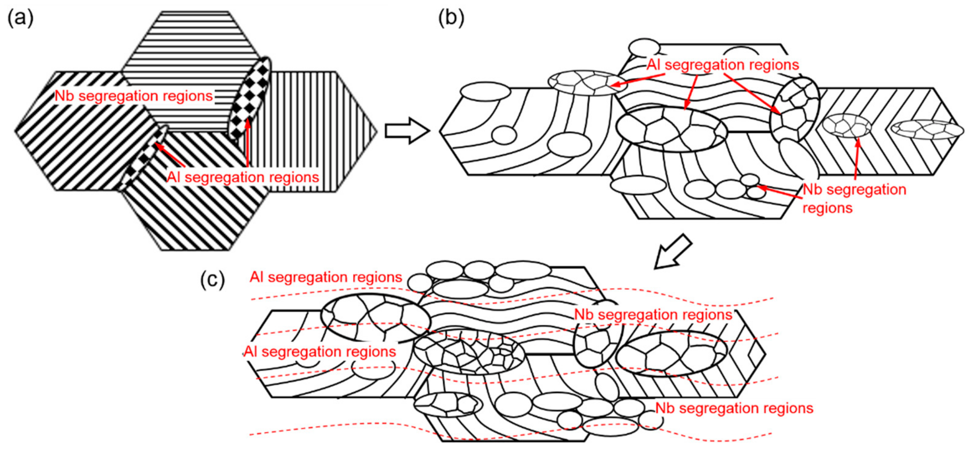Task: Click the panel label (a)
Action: click(x=20, y=18)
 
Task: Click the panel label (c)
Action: click(x=212, y=280)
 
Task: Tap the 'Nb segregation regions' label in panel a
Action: click(x=134, y=96)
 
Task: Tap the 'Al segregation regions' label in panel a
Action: click(x=243, y=177)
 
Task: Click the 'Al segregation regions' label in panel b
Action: click(x=723, y=65)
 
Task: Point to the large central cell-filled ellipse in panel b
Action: click(x=671, y=129)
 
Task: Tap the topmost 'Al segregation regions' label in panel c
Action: click(x=326, y=277)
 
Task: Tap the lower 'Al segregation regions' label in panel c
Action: click(x=320, y=352)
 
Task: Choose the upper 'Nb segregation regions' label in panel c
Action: click(x=653, y=315)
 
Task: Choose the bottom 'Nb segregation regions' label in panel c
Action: click(x=734, y=408)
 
